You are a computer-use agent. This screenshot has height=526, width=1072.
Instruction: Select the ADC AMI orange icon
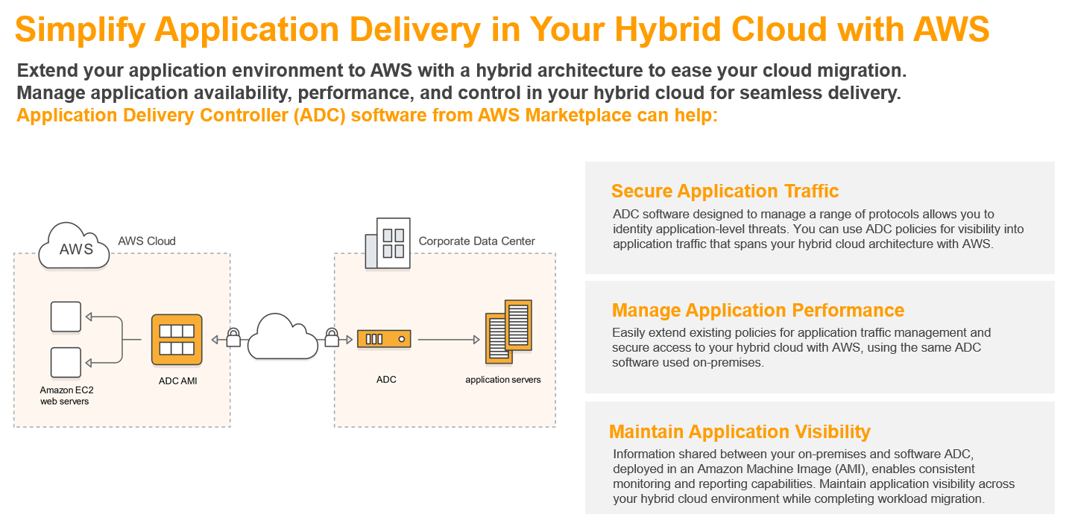pyautogui.click(x=177, y=340)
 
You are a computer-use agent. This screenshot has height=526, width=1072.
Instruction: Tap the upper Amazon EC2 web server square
pyautogui.click(x=65, y=317)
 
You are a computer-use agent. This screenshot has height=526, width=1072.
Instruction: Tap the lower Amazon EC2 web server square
pyautogui.click(x=65, y=362)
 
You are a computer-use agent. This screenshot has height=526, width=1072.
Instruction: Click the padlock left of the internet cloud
pyautogui.click(x=233, y=338)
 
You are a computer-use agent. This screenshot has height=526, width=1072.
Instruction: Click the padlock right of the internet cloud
pyautogui.click(x=332, y=338)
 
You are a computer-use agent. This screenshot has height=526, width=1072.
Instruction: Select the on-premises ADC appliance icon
pyautogui.click(x=385, y=340)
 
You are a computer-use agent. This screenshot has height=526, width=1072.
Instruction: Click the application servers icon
pyautogui.click(x=508, y=332)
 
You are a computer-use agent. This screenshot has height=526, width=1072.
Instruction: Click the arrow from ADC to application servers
pyautogui.click(x=448, y=340)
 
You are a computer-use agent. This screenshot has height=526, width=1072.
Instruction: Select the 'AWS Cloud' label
pyautogui.click(x=147, y=241)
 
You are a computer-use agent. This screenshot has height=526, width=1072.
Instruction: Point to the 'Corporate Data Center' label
pyautogui.click(x=476, y=241)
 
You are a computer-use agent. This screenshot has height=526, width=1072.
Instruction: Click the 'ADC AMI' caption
pyautogui.click(x=177, y=381)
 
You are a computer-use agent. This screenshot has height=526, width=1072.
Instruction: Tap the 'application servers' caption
pyautogui.click(x=503, y=380)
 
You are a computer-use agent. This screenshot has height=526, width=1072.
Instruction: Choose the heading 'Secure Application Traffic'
pyautogui.click(x=725, y=191)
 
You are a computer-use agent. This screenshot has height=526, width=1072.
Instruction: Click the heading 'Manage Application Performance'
pyautogui.click(x=757, y=310)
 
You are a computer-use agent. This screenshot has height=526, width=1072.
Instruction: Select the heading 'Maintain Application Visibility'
pyautogui.click(x=740, y=431)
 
